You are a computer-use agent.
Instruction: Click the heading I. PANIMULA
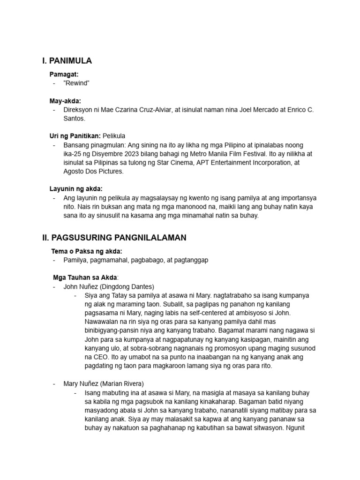(67, 61)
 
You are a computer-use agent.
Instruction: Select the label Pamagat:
(64, 74)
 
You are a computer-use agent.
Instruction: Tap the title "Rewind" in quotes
(76, 83)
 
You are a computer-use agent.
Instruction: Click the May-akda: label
(65, 101)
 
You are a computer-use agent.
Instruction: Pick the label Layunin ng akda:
(76, 189)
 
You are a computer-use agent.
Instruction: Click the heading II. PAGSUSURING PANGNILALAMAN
(114, 238)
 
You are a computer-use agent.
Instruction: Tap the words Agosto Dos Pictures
(94, 172)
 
